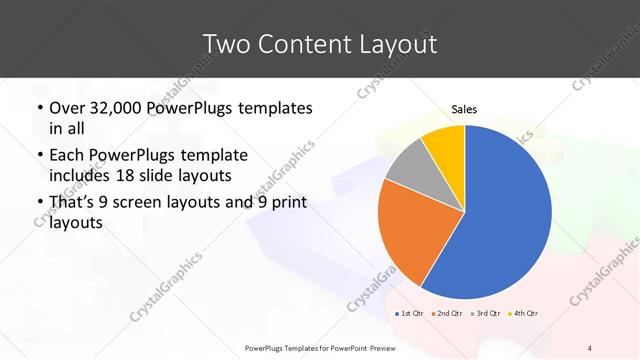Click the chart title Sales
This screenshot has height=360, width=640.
pos(464,109)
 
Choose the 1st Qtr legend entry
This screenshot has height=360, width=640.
pos(411,314)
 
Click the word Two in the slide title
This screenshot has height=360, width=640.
pos(227,44)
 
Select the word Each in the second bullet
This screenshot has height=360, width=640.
pos(67,156)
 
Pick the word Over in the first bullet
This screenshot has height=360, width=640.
pos(68,108)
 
